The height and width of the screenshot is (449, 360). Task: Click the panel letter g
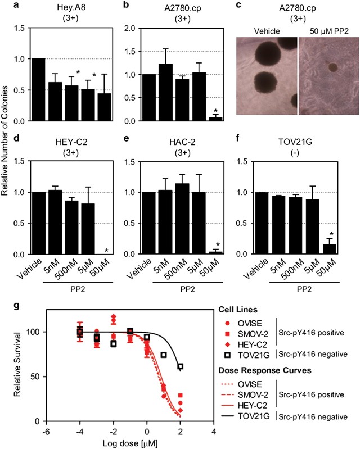coord(8,306)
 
